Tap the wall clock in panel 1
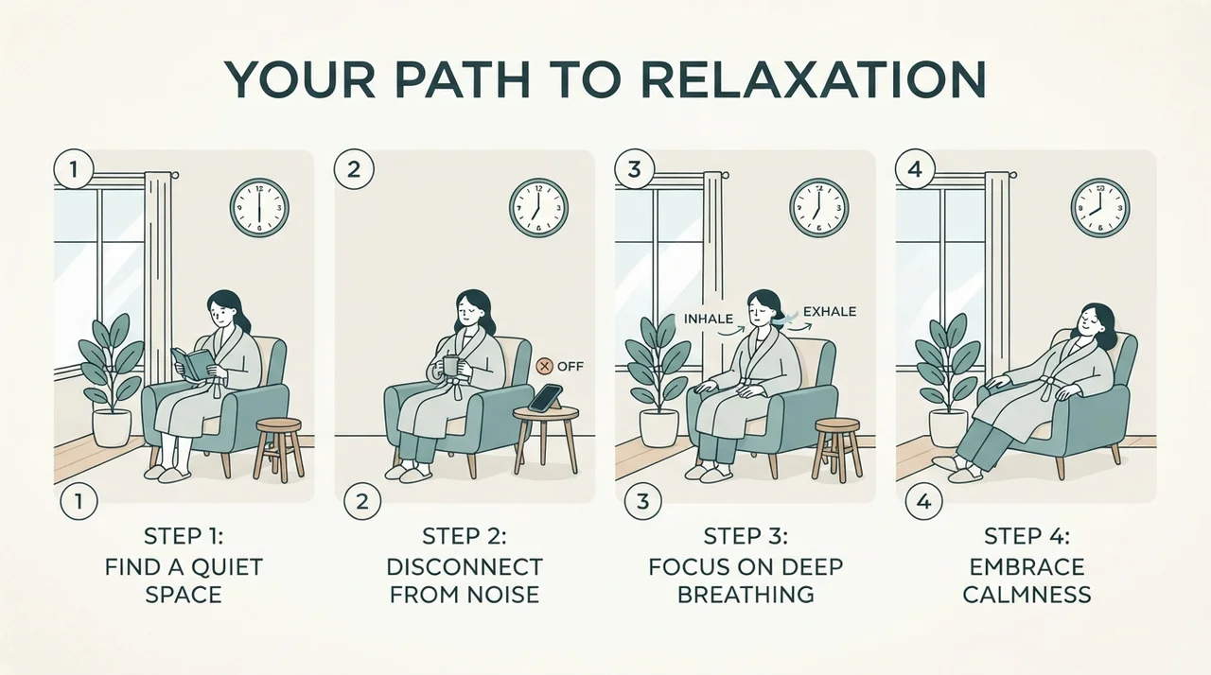click(259, 208)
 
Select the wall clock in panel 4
click(1100, 208)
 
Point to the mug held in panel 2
click(449, 365)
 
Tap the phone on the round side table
click(546, 398)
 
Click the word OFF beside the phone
click(570, 366)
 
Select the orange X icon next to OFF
click(544, 366)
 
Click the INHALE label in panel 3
click(709, 319)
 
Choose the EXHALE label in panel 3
click(830, 312)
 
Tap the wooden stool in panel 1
click(279, 449)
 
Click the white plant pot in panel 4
click(948, 427)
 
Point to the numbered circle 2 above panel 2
click(354, 169)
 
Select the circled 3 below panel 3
click(642, 502)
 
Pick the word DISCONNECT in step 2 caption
click(465, 567)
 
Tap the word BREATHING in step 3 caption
click(746, 595)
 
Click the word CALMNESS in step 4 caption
click(1027, 595)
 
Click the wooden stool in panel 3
click(837, 449)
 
